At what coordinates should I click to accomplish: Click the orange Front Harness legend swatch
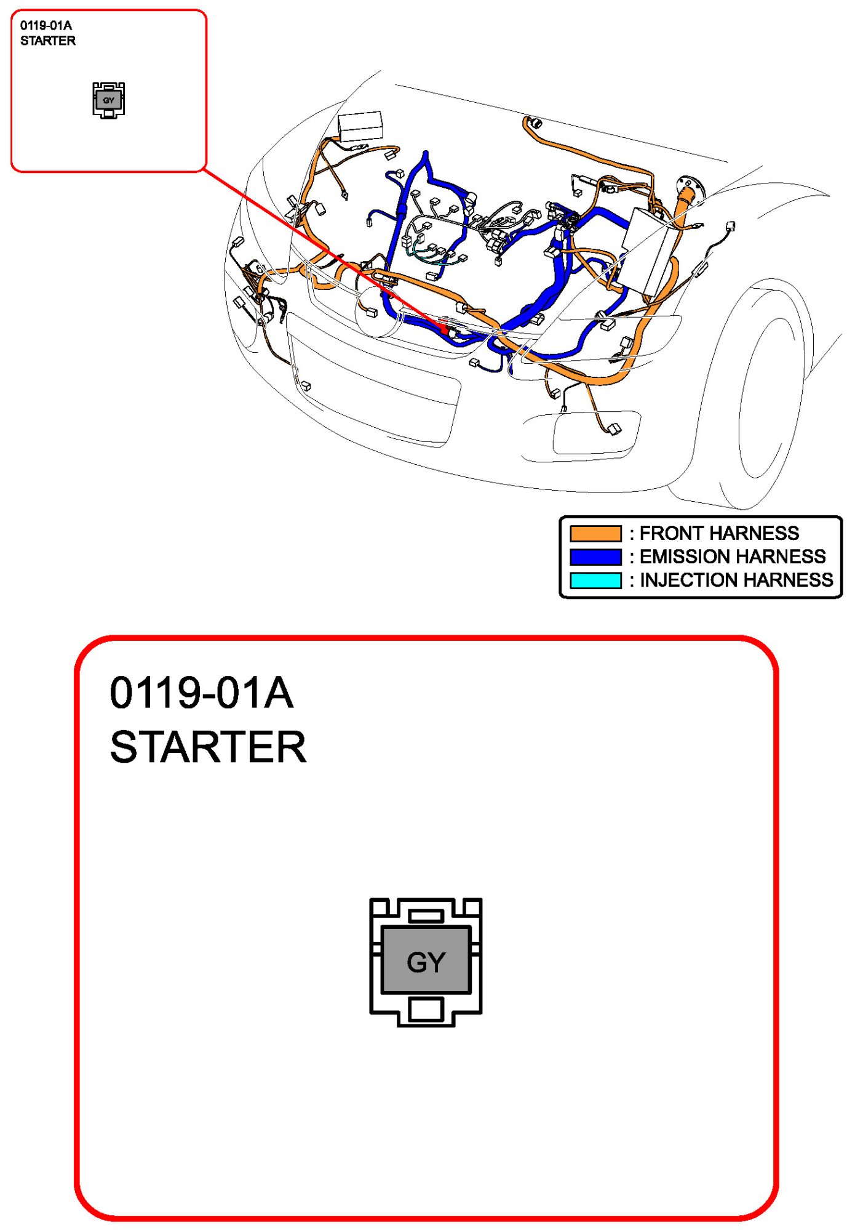pos(595,533)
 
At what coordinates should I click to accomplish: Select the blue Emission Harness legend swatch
pos(595,557)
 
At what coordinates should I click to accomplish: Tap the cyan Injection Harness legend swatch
pos(595,580)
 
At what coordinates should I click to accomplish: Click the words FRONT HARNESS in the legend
pos(719,533)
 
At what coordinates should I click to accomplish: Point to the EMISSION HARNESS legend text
pos(732,557)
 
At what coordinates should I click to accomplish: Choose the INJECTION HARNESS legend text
pos(736,580)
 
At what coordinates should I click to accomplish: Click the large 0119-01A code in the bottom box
pos(201,693)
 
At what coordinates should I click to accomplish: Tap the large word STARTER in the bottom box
pos(208,747)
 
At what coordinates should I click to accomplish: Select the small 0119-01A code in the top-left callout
pos(46,25)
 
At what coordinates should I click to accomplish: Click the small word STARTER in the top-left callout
pos(48,41)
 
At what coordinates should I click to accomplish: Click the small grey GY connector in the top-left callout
pos(109,100)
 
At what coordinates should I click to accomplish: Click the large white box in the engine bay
pos(649,249)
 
